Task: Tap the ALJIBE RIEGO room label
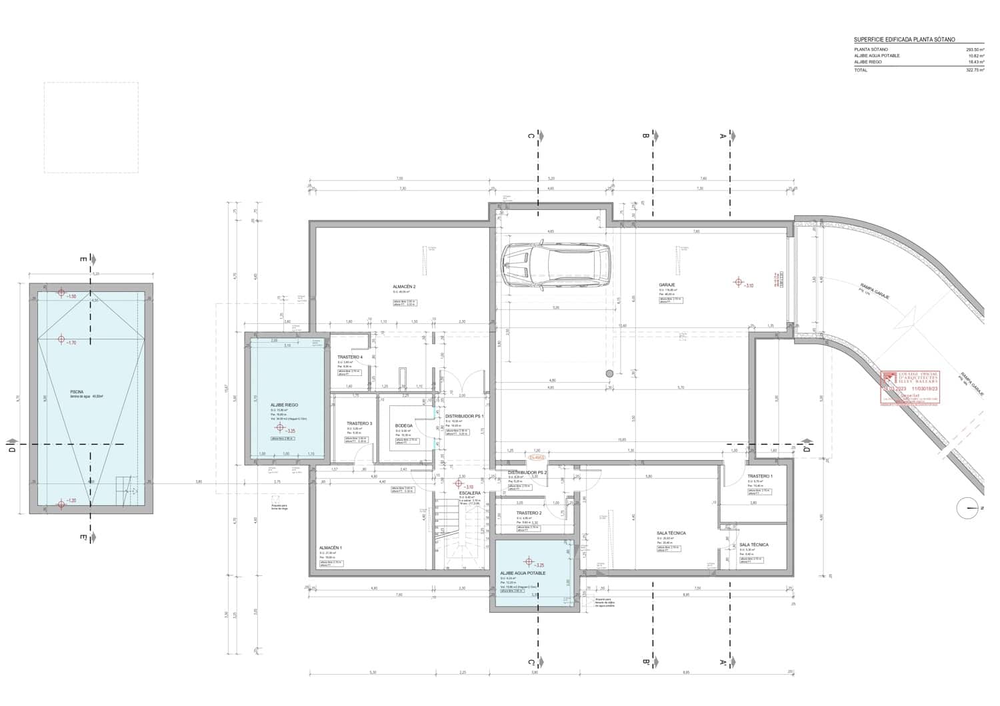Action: pyautogui.click(x=284, y=405)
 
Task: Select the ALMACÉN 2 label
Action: pyautogui.click(x=404, y=287)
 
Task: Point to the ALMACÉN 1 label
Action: pyautogui.click(x=330, y=547)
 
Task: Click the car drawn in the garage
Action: pyautogui.click(x=555, y=265)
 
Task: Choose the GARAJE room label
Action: pyautogui.click(x=667, y=285)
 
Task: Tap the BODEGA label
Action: pyautogui.click(x=403, y=425)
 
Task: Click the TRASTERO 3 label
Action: pyautogui.click(x=359, y=423)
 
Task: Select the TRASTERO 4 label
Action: pyautogui.click(x=350, y=357)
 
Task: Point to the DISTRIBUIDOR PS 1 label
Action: pyautogui.click(x=464, y=416)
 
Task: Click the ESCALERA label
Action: pyautogui.click(x=469, y=493)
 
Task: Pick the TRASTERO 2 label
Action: pyautogui.click(x=529, y=513)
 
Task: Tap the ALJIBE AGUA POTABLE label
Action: pyautogui.click(x=523, y=573)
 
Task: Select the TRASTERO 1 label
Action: pyautogui.click(x=760, y=476)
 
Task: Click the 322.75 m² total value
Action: pyautogui.click(x=975, y=70)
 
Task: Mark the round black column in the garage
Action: pyautogui.click(x=609, y=374)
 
